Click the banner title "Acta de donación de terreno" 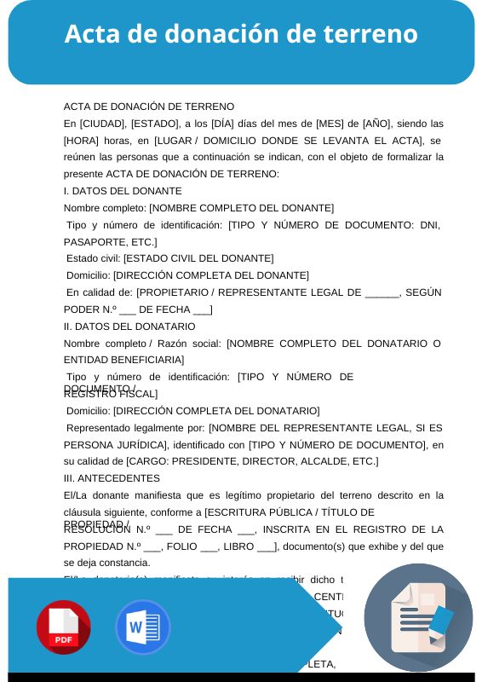click(x=241, y=34)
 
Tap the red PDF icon click(x=63, y=627)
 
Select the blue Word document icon click(x=142, y=627)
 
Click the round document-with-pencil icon click(x=418, y=617)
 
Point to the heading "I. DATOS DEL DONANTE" click(x=123, y=191)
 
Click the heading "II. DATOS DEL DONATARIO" click(x=129, y=327)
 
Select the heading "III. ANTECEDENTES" click(x=112, y=478)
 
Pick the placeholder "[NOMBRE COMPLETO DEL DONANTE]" click(x=241, y=208)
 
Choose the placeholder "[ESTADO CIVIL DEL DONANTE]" click(x=198, y=258)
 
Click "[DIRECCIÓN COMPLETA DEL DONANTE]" click(x=210, y=275)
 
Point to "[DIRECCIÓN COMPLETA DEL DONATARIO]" click(x=216, y=411)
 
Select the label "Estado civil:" click(x=94, y=258)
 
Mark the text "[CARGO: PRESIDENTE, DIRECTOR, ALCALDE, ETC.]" click(x=252, y=461)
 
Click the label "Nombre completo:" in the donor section click(x=105, y=208)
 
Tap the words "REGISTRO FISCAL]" click(x=111, y=395)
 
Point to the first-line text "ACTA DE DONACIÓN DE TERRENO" click(x=149, y=107)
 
